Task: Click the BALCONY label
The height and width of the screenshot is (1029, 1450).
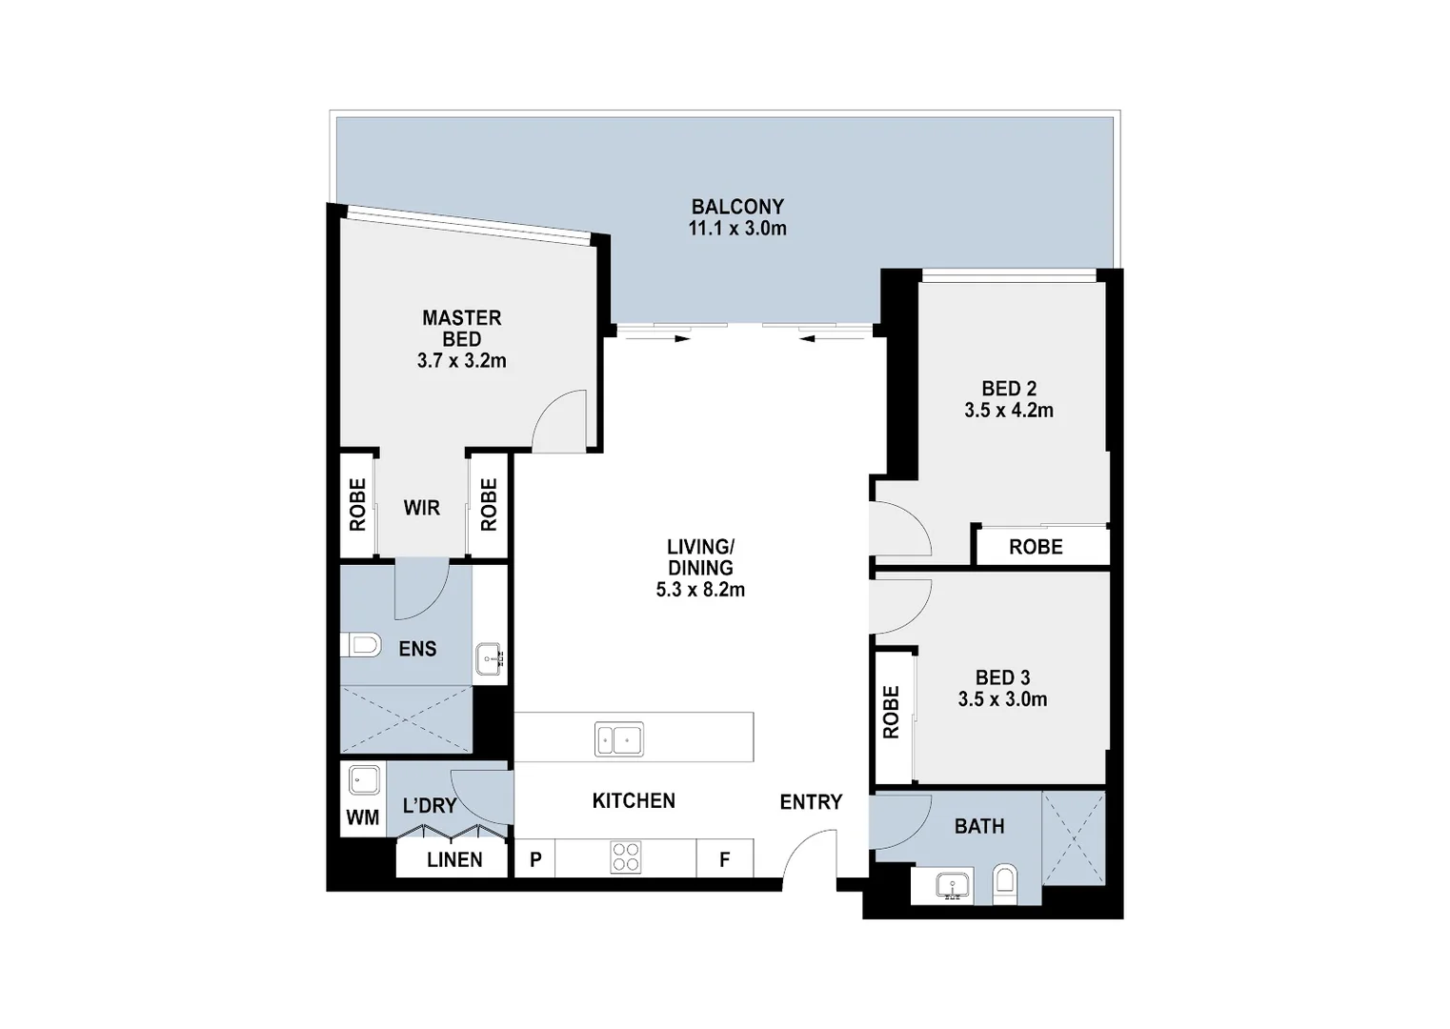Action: pyautogui.click(x=737, y=207)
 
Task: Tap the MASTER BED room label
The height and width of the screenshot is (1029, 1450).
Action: pyautogui.click(x=462, y=328)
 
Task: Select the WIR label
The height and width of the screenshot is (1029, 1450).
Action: pyautogui.click(x=421, y=508)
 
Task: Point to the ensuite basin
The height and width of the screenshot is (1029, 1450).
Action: pyautogui.click(x=491, y=658)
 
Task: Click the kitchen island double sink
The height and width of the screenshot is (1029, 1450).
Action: pyautogui.click(x=618, y=739)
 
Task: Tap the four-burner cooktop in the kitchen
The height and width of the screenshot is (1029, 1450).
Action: pyautogui.click(x=626, y=857)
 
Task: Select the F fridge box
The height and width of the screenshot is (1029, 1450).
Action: pyautogui.click(x=725, y=859)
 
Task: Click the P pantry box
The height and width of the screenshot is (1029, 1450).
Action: pyautogui.click(x=535, y=859)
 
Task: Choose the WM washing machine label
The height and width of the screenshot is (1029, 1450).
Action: pyautogui.click(x=363, y=817)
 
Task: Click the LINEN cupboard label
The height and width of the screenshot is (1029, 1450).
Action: pyautogui.click(x=454, y=859)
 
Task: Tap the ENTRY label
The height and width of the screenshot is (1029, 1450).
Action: pyautogui.click(x=811, y=802)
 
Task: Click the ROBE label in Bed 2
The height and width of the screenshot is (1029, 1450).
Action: pyautogui.click(x=1036, y=547)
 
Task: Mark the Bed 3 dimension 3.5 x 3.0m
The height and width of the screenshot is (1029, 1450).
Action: pyautogui.click(x=1002, y=699)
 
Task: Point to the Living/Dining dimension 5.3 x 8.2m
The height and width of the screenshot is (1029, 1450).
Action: pyautogui.click(x=700, y=590)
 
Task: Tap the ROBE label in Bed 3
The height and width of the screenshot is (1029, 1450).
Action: pyautogui.click(x=892, y=712)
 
